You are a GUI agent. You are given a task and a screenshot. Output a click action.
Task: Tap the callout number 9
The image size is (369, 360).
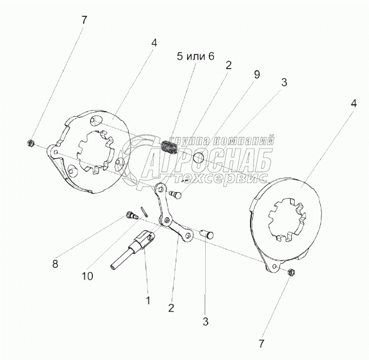(256, 75)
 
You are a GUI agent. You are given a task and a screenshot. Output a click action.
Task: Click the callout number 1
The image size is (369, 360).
(149, 300)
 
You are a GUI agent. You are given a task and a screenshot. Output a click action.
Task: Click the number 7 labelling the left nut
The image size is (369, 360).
(84, 20)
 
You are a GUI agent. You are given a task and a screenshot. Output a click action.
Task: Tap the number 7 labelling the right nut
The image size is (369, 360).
(261, 344)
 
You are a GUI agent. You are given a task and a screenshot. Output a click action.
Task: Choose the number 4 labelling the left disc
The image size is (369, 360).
(154, 42)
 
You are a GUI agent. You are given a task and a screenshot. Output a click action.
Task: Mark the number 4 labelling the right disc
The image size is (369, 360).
(354, 104)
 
